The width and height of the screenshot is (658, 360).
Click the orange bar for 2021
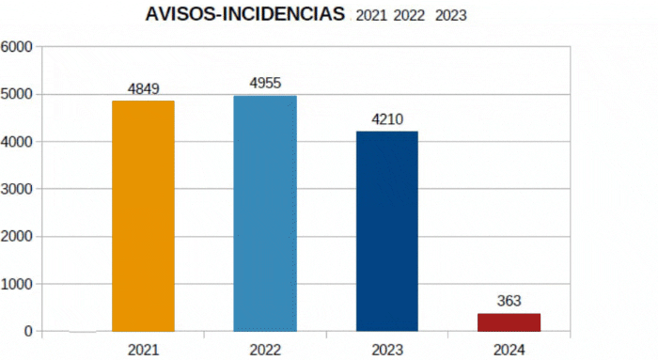(x=143, y=216)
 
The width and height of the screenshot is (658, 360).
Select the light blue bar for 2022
(x=265, y=213)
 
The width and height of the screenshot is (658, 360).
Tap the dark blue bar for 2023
(x=387, y=231)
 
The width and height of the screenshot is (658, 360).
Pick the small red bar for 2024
(x=509, y=322)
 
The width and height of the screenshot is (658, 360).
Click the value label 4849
(x=144, y=89)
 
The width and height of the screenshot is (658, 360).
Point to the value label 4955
(x=265, y=83)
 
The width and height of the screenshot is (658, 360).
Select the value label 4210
(x=387, y=119)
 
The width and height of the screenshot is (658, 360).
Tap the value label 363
(x=509, y=301)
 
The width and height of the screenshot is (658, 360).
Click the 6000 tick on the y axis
(x=16, y=47)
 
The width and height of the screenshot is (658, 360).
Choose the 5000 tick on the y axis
(x=16, y=94)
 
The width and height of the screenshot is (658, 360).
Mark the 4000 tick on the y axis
(x=16, y=142)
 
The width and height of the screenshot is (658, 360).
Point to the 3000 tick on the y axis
(x=16, y=189)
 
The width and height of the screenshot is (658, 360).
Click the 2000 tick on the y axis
(x=16, y=237)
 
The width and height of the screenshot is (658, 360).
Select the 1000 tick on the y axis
(x=16, y=284)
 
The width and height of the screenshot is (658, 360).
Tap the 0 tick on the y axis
(x=28, y=332)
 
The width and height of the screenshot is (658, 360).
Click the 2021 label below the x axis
(x=144, y=350)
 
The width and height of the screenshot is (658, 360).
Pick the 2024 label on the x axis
(x=509, y=350)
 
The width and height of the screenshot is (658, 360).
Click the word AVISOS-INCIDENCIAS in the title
(x=245, y=14)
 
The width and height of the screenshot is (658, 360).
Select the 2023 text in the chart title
(x=450, y=16)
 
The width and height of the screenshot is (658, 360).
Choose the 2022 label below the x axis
(x=265, y=350)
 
